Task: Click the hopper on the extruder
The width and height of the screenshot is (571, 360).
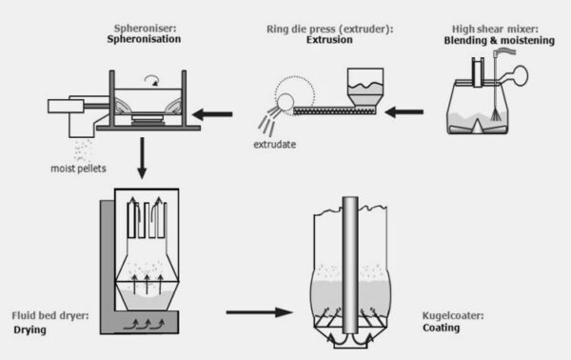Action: tap(364, 84)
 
